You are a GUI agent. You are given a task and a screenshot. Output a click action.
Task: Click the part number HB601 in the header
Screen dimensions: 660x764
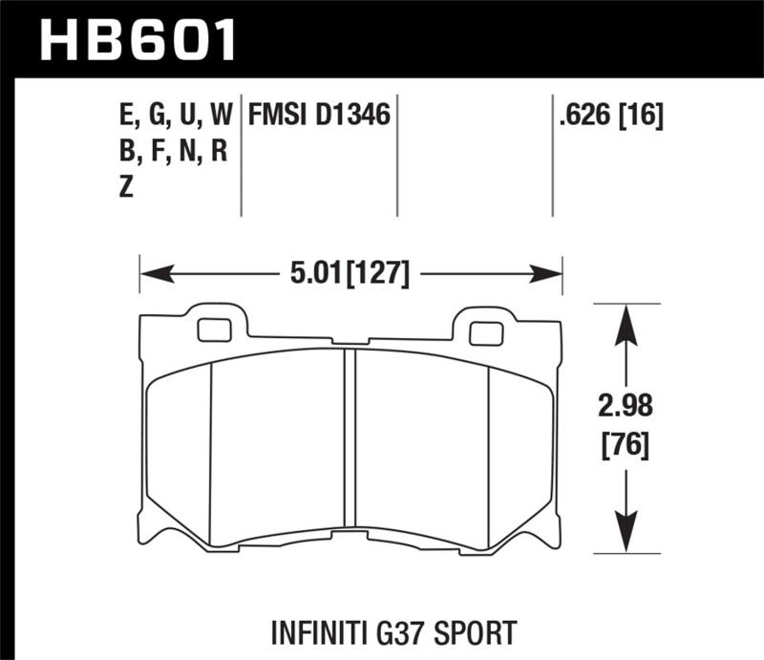point(138,40)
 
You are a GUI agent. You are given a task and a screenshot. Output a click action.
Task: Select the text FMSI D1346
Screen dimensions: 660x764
point(318,117)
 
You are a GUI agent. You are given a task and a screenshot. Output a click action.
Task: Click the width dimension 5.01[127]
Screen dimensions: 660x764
point(349,275)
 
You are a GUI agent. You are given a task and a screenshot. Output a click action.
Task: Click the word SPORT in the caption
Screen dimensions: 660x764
point(479,631)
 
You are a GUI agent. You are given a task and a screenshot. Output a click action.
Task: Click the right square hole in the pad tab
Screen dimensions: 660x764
point(486,333)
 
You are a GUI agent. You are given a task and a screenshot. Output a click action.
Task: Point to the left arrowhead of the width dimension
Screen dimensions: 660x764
point(153,275)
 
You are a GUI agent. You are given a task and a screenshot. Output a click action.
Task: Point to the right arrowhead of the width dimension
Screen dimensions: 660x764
point(549,275)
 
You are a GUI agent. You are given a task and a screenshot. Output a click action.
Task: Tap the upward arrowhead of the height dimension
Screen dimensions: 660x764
point(625,321)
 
